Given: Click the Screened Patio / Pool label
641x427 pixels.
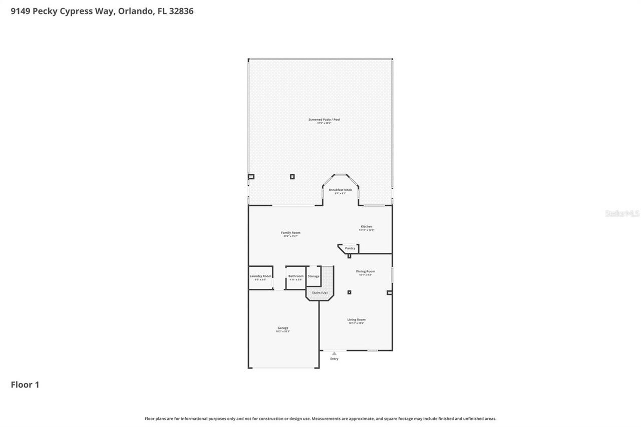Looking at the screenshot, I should point(324,120).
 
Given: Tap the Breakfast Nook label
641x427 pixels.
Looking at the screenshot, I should point(340,190).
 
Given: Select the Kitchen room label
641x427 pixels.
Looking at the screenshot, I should point(367,227).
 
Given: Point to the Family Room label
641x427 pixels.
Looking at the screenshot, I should point(290,233).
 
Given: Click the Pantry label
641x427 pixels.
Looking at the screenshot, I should point(350,248).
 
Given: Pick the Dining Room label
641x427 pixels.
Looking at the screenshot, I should point(365,272).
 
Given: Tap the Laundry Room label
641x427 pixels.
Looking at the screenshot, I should point(260,276).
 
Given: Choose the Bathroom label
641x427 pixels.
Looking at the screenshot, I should point(295,276).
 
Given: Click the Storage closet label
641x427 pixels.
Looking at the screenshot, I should point(313,276).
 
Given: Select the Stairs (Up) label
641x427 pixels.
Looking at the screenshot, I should point(319,292).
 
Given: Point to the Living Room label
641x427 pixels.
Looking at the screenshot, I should point(357,320).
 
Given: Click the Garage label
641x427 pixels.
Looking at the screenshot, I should point(283,328).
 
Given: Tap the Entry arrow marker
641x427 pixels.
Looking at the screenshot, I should point(334,353).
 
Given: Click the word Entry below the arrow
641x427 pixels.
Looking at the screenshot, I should point(334,359).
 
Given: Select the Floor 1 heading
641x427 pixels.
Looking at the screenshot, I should point(25,384).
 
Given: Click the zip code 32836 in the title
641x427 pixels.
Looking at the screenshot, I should point(181,11).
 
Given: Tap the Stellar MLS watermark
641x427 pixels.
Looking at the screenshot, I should point(622,214).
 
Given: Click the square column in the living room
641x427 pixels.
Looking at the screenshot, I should point(349,292).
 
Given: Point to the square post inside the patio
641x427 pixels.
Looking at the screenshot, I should point(292,177).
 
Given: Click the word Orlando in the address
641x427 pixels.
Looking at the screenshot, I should point(136,11).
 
